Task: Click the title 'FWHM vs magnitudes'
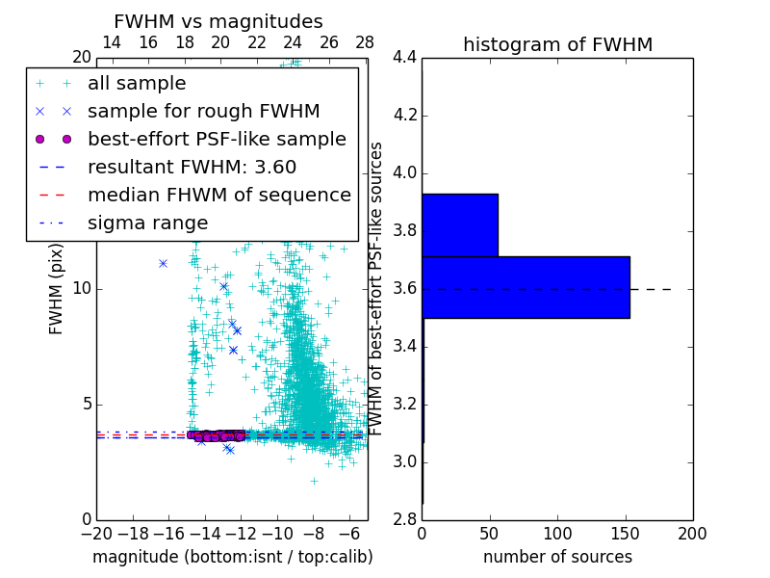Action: point(218,22)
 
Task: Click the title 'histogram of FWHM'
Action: point(557,44)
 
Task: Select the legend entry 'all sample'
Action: point(137,84)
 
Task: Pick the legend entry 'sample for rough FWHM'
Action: point(203,111)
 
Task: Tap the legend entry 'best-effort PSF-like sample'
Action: point(217,139)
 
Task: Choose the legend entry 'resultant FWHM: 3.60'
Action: point(192,167)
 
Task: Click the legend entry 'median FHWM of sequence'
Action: point(218,195)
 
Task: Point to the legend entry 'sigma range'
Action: point(147,223)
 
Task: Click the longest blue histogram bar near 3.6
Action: point(526,287)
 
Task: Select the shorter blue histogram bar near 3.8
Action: point(459,224)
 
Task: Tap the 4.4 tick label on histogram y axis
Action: point(404,58)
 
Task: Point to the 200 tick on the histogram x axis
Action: point(692,534)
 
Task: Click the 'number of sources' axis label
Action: point(557,557)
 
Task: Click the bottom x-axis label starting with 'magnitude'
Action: point(232,557)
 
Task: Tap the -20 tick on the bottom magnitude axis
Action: point(96,534)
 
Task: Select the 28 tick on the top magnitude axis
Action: point(365,42)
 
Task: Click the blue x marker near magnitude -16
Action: point(163,263)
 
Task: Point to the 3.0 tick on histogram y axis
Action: point(404,461)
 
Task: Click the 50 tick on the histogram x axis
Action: point(490,534)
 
